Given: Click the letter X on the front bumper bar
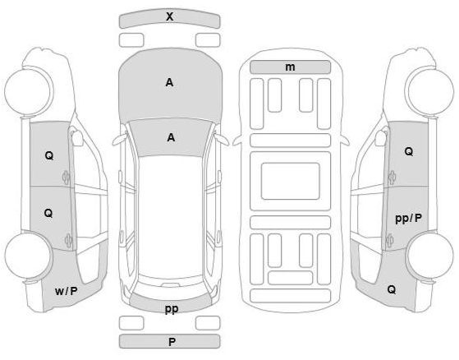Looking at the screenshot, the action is tap(169, 16).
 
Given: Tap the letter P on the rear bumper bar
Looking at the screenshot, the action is tap(172, 342).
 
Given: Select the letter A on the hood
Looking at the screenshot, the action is tap(169, 83).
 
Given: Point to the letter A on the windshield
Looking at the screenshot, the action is tap(171, 137).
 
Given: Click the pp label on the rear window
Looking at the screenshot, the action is tap(172, 309).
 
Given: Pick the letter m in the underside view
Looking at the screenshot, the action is tap(290, 67).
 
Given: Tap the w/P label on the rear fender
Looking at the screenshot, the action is tap(67, 291).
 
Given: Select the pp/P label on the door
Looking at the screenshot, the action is tap(409, 219).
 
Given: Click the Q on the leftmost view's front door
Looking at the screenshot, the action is tap(49, 155).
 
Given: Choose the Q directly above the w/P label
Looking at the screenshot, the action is tap(48, 213).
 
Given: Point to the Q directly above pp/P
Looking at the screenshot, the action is tap(409, 151).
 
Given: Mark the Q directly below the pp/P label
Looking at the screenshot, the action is tap(392, 289).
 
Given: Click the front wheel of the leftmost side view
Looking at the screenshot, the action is tap(29, 90).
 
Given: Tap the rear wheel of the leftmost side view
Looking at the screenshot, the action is tap(29, 256).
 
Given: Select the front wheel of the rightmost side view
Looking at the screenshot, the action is tap(429, 90).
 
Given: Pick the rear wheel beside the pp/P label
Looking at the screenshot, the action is tap(430, 256).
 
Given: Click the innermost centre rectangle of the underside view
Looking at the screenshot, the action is tap(291, 182).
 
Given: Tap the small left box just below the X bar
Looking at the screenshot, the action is tap(131, 40).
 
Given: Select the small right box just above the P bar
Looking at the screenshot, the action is tap(208, 323).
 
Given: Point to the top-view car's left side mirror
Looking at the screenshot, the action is tap(120, 139).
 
